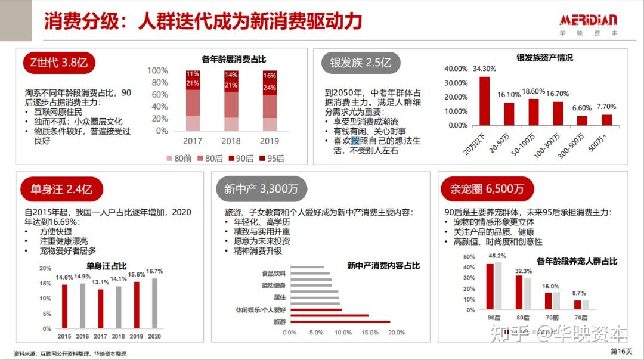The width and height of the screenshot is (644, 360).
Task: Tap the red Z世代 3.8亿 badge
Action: [59, 62]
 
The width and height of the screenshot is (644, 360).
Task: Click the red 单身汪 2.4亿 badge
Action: [61, 190]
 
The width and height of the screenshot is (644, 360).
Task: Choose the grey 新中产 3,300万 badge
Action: [261, 190]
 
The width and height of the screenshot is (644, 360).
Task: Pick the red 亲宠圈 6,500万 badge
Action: [482, 190]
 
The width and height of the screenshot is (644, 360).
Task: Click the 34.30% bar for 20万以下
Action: [484, 101]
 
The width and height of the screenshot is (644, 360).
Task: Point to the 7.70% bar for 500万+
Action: [606, 120]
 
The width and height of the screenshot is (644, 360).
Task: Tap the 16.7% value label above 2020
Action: [155, 271]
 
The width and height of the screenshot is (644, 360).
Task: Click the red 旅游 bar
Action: [339, 322]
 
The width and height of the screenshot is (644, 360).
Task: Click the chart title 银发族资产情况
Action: [544, 58]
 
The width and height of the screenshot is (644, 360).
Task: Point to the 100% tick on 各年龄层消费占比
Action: [157, 71]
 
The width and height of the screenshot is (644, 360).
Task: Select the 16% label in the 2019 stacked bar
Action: [270, 76]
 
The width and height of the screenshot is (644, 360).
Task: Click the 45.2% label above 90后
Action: [497, 256]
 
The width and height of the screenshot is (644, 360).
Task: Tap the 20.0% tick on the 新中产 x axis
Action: [397, 332]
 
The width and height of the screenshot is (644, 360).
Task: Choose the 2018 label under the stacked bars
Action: [231, 141]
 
